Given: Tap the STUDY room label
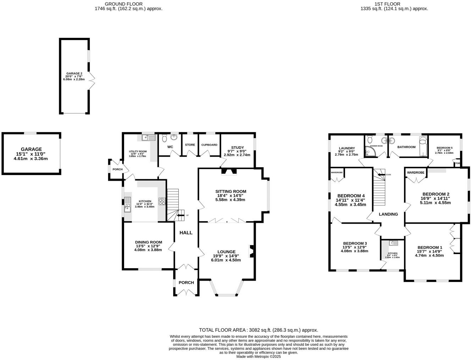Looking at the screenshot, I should [x=237, y=147].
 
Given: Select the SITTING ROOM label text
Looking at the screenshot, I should [x=232, y=191].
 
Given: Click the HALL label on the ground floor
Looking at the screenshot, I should [x=186, y=233].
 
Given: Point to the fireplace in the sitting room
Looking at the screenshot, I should [x=228, y=172].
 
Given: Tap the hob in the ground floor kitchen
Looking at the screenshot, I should [x=162, y=201].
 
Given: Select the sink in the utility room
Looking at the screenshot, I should [x=148, y=137].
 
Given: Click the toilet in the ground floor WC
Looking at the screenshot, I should [x=164, y=137].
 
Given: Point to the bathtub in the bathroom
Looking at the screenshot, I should [x=423, y=146].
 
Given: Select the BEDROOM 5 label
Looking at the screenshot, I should [x=444, y=148].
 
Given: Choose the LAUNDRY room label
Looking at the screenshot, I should [x=347, y=148].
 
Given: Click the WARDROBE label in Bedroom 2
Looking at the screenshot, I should [x=415, y=173].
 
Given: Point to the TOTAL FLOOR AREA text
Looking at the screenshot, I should [x=259, y=330].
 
